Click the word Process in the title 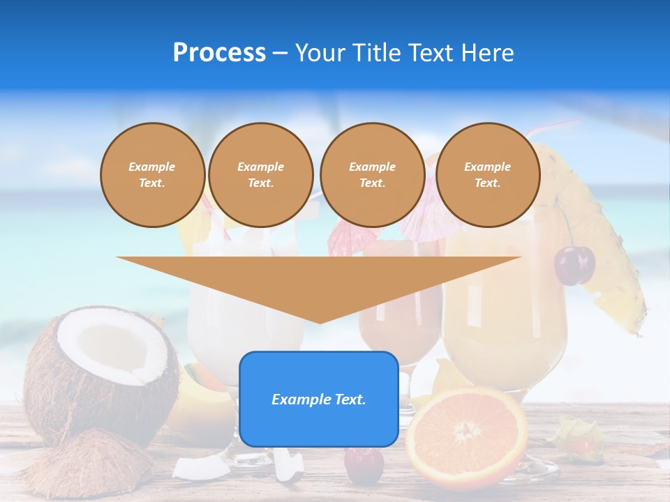tap(219, 52)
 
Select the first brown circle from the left tap(152, 175)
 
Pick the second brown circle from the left tap(260, 175)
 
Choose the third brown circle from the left tap(372, 175)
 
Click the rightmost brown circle tap(487, 175)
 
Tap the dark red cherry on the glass tap(574, 265)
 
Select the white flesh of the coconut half tap(112, 349)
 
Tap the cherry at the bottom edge tap(364, 466)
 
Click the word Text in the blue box tap(350, 400)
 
